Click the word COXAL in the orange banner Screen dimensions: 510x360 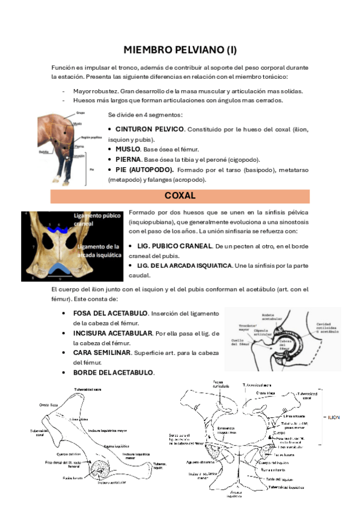(x=180, y=196)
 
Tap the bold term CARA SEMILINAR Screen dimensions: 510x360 (x=100, y=352)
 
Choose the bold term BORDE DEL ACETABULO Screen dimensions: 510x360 (x=113, y=372)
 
